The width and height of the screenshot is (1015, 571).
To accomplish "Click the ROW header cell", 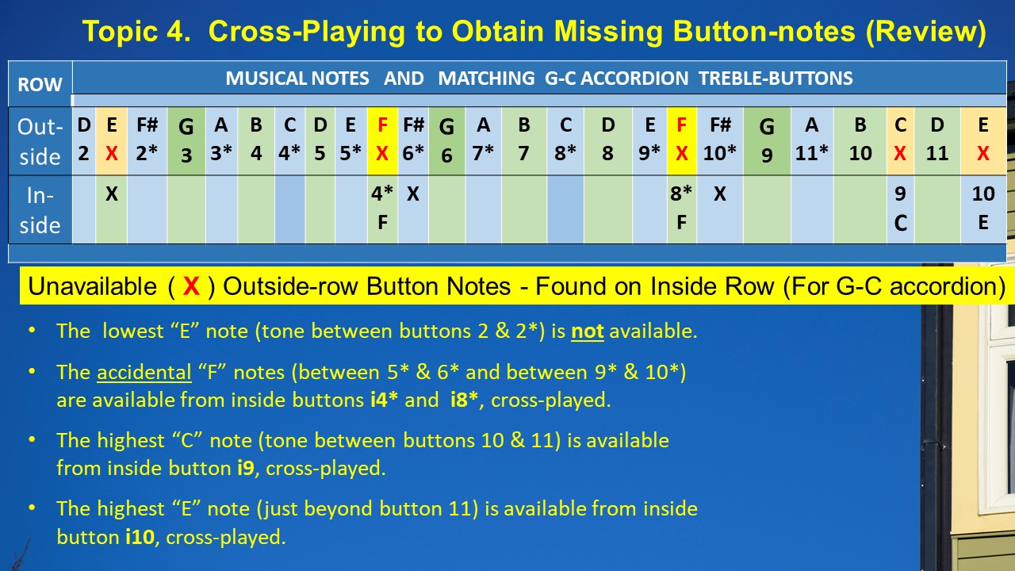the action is tap(40, 84).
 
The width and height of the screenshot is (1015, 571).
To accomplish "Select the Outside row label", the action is tap(40, 141).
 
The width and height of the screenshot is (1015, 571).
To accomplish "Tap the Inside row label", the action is tap(40, 210).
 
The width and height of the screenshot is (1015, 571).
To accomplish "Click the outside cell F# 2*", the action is tap(147, 141).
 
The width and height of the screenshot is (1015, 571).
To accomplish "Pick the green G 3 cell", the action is tap(186, 141).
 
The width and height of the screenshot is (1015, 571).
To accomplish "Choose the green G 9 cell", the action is tap(767, 141).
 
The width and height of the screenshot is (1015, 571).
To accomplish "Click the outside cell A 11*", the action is tap(812, 141).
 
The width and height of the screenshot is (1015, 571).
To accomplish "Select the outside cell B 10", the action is tap(860, 141).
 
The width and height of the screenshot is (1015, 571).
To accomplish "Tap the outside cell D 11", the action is tap(937, 141).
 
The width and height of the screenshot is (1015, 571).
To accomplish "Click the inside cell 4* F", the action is tap(382, 210).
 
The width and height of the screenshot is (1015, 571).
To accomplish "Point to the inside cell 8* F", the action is tap(681, 210).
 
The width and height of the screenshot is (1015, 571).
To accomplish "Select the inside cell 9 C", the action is tap(900, 210).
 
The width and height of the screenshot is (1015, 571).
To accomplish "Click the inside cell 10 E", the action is tap(982, 210).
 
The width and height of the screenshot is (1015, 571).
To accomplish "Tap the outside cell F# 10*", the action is tap(719, 141).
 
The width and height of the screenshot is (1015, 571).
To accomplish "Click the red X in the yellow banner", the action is tap(191, 286).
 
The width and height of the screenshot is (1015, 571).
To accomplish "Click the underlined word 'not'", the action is tap(588, 331).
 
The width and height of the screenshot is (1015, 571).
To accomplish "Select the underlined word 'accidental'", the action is tap(144, 373).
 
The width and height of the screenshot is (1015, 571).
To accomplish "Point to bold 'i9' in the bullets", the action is tap(246, 468).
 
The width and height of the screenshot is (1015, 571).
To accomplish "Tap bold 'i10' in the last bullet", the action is tap(140, 537).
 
